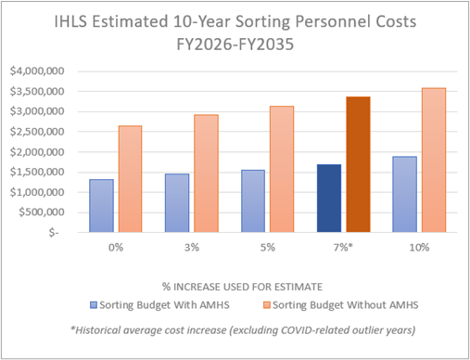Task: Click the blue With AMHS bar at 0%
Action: (101, 206)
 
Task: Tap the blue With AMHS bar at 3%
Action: (177, 203)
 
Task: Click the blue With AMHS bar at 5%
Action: (253, 201)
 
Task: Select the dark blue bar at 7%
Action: (329, 199)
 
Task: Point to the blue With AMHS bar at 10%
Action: (405, 195)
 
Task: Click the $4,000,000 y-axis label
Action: (37, 71)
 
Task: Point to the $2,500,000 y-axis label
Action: (37, 132)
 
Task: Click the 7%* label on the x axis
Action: (344, 247)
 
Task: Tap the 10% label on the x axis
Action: (420, 247)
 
